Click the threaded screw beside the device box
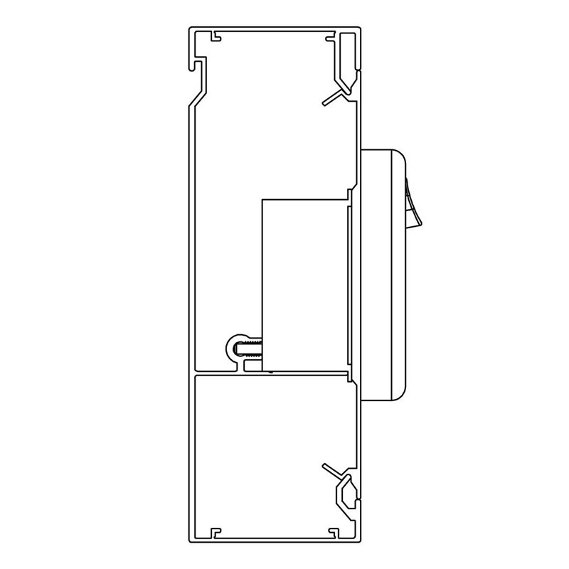(x=251, y=349)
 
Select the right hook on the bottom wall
(x=329, y=530)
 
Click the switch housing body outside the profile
(x=381, y=284)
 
